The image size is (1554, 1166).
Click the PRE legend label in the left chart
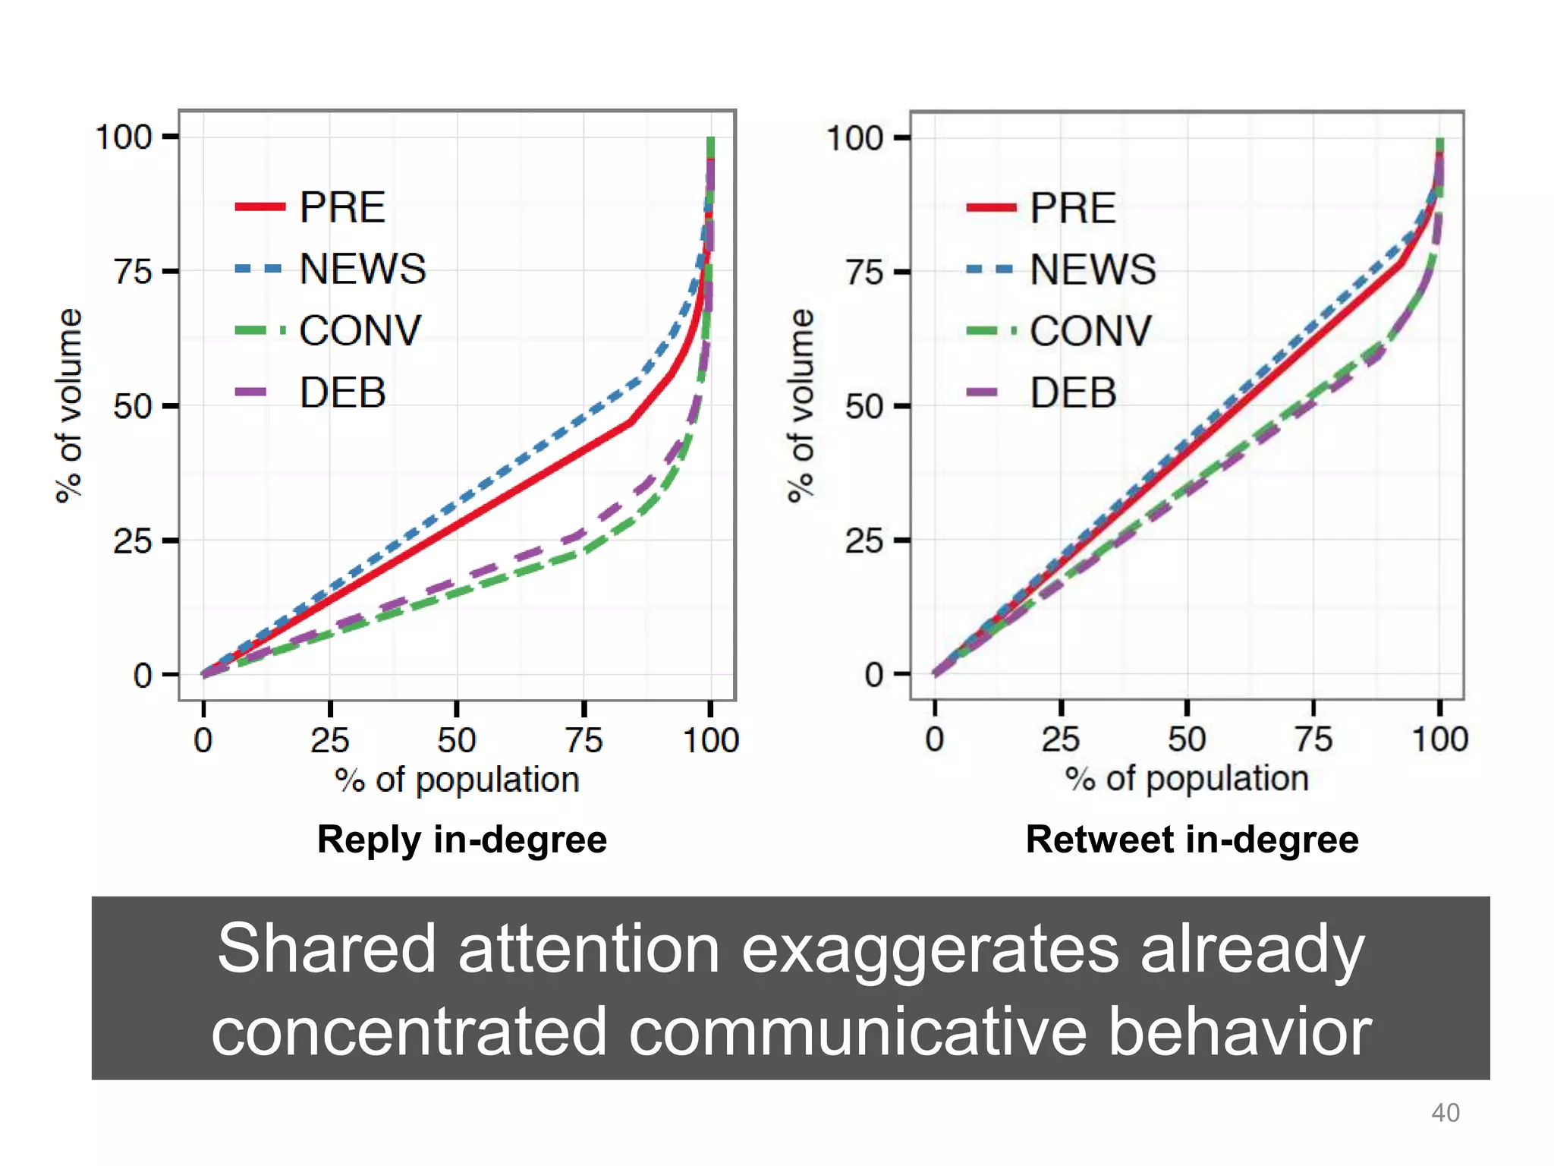tap(342, 207)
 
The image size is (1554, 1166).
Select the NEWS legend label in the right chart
tap(1093, 269)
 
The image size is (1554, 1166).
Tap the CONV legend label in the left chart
tap(360, 330)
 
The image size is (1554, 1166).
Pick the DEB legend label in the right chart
tap(1072, 392)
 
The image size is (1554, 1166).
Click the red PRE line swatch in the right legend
tap(991, 207)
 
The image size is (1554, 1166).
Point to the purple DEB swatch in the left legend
tap(251, 392)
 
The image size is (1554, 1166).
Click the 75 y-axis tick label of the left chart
tap(134, 272)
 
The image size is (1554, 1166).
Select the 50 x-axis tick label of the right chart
tap(1187, 739)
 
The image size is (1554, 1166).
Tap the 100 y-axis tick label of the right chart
tap(854, 138)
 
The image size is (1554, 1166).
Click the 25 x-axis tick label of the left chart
tap(330, 740)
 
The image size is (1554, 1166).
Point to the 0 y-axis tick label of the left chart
tap(143, 675)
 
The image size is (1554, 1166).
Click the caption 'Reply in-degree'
tap(461, 840)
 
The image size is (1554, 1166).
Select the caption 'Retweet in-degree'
tap(1191, 840)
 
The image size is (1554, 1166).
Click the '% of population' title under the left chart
tap(457, 780)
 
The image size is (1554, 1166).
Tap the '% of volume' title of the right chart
tap(801, 405)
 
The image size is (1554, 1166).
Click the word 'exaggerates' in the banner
tap(930, 950)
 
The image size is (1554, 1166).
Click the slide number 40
tap(1445, 1113)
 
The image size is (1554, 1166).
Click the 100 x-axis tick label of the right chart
tap(1439, 739)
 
